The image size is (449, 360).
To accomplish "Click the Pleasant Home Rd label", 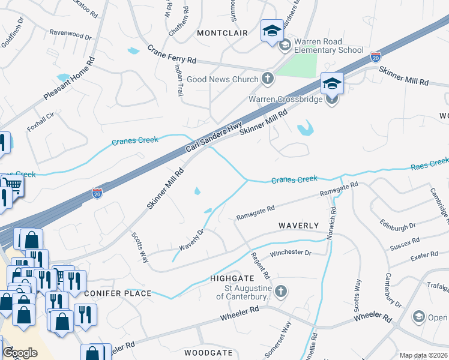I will point(70,79).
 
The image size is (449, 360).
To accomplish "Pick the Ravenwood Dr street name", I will point(70,36).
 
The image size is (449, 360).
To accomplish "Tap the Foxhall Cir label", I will point(41,121).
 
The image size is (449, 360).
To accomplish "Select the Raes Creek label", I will point(430,162).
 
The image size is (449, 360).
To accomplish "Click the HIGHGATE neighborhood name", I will point(232,278).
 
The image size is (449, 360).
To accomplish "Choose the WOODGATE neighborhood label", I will point(208,353).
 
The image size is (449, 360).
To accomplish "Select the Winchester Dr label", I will point(291,253).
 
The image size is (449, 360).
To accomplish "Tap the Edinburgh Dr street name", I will point(398,227).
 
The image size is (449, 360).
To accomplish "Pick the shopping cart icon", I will point(13,185).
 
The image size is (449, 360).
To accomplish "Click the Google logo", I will point(20,353).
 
